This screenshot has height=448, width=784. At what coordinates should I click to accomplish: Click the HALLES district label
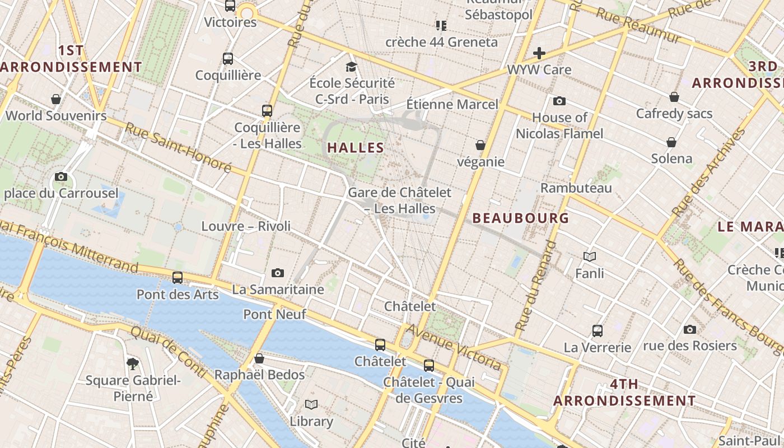[x=356, y=148]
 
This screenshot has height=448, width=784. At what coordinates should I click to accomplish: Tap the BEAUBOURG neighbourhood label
[x=520, y=218]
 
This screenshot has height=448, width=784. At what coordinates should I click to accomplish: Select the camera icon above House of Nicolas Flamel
[x=559, y=101]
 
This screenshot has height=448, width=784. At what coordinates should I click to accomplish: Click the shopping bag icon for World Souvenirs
[x=55, y=100]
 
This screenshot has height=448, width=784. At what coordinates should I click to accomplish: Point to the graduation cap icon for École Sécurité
[x=351, y=67]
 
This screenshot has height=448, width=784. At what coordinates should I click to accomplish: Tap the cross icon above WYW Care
[x=539, y=54]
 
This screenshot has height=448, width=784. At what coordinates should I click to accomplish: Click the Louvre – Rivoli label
[x=246, y=226]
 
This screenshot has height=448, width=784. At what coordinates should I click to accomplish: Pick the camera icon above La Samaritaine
[x=277, y=273]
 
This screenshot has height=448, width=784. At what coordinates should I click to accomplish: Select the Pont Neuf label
[x=274, y=314]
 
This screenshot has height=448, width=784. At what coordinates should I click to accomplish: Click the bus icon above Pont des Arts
[x=178, y=277]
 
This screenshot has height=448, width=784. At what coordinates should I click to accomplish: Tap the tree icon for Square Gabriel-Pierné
[x=133, y=364]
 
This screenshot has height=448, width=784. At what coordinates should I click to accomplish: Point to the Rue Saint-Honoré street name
[x=178, y=147]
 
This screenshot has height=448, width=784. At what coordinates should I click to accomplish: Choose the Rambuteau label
[x=576, y=188]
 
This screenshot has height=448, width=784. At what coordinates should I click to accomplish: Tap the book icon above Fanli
[x=589, y=257]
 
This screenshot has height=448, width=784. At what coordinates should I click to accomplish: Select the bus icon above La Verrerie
[x=597, y=331]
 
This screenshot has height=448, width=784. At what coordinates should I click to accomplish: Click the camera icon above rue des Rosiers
[x=689, y=329]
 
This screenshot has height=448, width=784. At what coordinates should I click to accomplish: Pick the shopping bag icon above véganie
[x=480, y=146]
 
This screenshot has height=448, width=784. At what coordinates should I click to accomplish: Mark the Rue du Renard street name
[x=535, y=286]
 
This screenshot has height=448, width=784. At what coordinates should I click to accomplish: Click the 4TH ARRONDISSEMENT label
[x=624, y=393]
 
